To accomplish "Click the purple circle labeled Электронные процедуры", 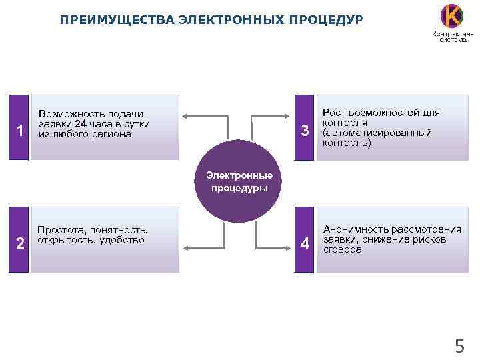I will pyautogui.click(x=239, y=181).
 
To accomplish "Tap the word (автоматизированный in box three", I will pyautogui.click(x=377, y=133).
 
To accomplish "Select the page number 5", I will pyautogui.click(x=459, y=346).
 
